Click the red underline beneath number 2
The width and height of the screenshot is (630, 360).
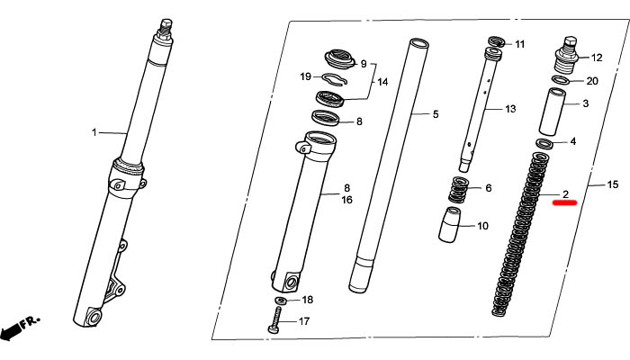click(564, 202)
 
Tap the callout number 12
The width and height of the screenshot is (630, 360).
click(597, 58)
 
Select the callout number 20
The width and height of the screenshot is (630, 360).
click(592, 81)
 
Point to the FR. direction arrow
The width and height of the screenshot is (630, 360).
click(18, 326)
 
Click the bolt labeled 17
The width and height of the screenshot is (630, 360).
click(276, 320)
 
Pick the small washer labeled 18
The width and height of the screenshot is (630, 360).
click(281, 300)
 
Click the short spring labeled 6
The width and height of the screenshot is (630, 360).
click(458, 190)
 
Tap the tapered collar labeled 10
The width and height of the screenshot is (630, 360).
click(449, 225)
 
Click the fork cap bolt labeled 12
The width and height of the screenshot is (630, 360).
click(567, 55)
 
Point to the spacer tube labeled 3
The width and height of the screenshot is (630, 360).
click(552, 112)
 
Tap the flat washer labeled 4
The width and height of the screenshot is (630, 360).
click(544, 143)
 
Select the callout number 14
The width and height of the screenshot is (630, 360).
click(382, 82)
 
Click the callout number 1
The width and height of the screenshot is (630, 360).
click(94, 132)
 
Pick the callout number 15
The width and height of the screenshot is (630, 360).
click(612, 184)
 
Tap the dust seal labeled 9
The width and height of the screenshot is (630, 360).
click(340, 59)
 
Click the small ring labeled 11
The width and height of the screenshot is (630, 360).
click(498, 41)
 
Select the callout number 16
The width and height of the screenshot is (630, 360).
click(346, 200)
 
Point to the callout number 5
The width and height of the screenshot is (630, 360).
click(436, 114)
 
